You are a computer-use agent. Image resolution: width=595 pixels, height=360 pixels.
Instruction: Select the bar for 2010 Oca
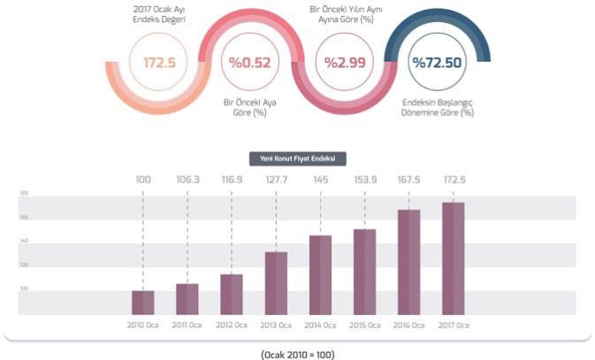143,302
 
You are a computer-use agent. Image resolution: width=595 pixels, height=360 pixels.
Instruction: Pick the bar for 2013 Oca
276,282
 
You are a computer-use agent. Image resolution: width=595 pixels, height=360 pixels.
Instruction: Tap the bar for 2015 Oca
364,271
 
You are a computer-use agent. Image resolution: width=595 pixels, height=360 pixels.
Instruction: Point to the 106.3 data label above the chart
187,180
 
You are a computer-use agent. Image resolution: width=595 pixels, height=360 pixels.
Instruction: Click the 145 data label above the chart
320,180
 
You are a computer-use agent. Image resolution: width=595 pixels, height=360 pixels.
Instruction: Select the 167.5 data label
408,180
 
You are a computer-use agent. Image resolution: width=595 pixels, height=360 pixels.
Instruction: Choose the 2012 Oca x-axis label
232,326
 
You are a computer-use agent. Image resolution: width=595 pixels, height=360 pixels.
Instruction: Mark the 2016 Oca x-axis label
408,326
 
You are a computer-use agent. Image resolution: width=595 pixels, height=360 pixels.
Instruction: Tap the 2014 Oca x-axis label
320,326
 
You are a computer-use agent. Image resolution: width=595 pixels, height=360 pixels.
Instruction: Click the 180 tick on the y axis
24,193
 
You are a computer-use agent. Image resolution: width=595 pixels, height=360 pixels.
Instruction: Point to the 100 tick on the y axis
24,289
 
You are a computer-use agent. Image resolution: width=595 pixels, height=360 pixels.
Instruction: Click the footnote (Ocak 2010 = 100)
298,354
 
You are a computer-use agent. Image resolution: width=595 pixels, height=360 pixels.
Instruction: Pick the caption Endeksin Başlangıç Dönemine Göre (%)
436,108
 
